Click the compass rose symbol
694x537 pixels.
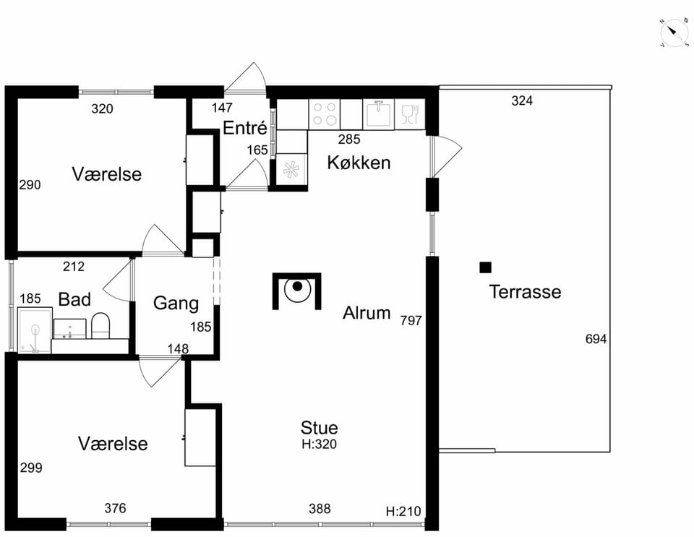pyautogui.click(x=674, y=33)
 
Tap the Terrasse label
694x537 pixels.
pyautogui.click(x=525, y=292)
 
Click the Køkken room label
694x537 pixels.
pyautogui.click(x=359, y=163)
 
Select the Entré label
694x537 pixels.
pyautogui.click(x=245, y=128)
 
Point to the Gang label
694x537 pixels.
pyautogui.click(x=176, y=304)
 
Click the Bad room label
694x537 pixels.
pyautogui.click(x=74, y=299)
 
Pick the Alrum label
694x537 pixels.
pyautogui.click(x=367, y=313)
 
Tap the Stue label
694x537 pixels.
pyautogui.click(x=319, y=428)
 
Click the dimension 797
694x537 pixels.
pyautogui.click(x=411, y=320)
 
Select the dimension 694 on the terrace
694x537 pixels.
pyautogui.click(x=596, y=339)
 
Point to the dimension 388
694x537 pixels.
pyautogui.click(x=320, y=509)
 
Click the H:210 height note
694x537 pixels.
pyautogui.click(x=403, y=512)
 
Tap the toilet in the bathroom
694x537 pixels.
pyautogui.click(x=100, y=325)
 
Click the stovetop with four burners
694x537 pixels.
pyautogui.click(x=325, y=114)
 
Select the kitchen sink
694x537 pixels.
pyautogui.click(x=378, y=114)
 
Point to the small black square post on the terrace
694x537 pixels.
pyautogui.click(x=486, y=267)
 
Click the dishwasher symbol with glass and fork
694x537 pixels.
pyautogui.click(x=409, y=114)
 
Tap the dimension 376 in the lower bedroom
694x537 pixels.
pyautogui.click(x=115, y=508)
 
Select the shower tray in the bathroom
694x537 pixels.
pyautogui.click(x=35, y=330)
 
